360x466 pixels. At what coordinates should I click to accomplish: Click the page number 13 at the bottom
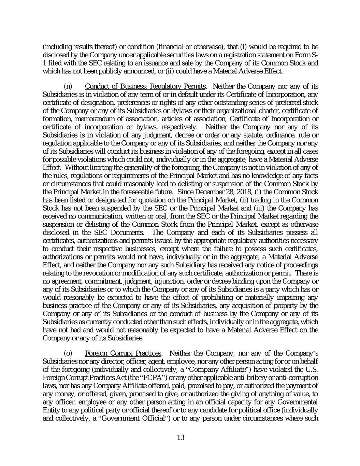pos(181,437)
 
